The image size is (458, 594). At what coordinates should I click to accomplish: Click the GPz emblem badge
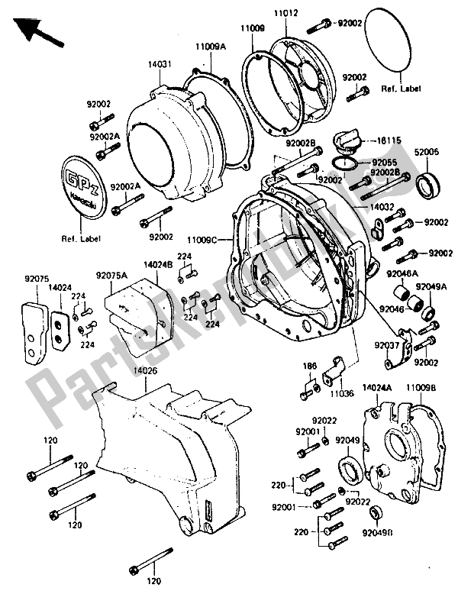[x=81, y=184]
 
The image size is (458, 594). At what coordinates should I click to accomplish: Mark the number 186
[x=310, y=366]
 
